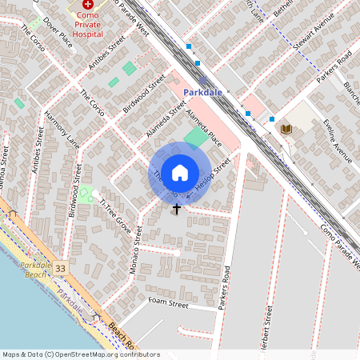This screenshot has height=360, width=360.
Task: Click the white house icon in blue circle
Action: coord(180,172)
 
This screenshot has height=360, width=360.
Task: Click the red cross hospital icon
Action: coord(87,5)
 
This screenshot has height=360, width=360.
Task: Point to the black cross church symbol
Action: coord(177,208)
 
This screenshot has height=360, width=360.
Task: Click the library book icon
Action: coord(286,129)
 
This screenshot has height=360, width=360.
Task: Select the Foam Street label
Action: coord(167,305)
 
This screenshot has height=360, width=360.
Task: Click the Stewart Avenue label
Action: coord(312,36)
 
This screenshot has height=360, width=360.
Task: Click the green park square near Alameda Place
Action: coord(194,138)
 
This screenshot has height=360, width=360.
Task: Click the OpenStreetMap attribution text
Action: coord(70,354)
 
